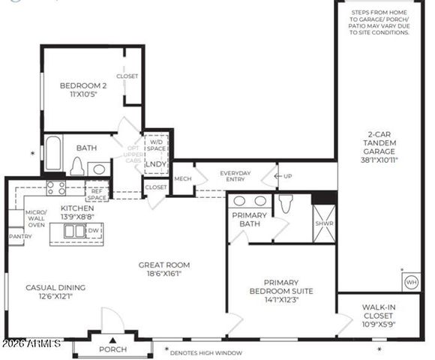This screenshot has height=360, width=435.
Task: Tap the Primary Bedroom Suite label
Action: [x=283, y=290]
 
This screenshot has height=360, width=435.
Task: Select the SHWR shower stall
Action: [x=324, y=223]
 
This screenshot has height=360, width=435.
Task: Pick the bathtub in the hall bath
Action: [x=52, y=154]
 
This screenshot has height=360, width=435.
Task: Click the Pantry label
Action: [x=19, y=235]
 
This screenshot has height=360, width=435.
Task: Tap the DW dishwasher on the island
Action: [x=93, y=232]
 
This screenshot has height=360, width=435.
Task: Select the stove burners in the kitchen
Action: [x=56, y=187]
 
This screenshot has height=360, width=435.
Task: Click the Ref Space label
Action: [x=97, y=194]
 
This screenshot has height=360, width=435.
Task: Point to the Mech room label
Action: [x=182, y=178]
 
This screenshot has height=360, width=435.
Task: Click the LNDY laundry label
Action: [x=156, y=164]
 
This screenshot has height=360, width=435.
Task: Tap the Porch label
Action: [x=113, y=349]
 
